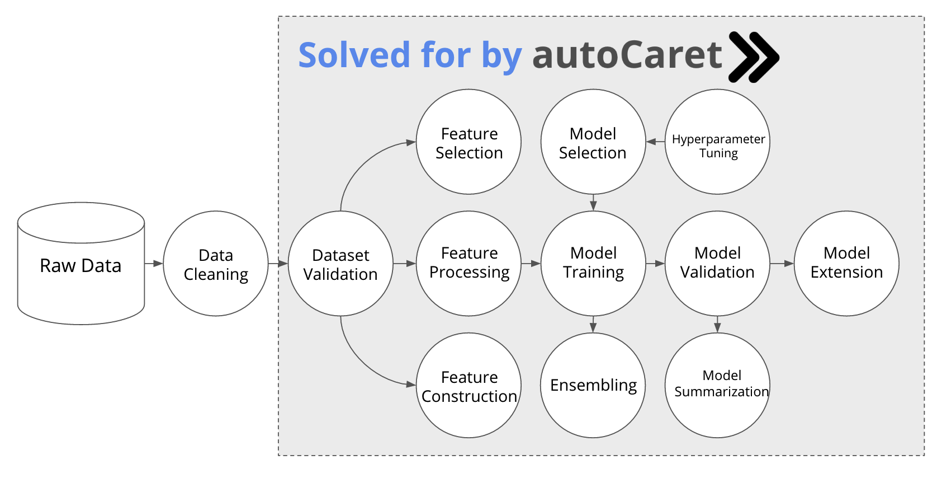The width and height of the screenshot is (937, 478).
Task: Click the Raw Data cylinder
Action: (81, 264)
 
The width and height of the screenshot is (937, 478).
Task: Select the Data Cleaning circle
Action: (216, 264)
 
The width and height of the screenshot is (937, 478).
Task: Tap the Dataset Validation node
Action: (340, 264)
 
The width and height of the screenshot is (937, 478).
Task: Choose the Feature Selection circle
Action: (469, 142)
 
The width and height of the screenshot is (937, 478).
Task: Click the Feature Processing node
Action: (469, 264)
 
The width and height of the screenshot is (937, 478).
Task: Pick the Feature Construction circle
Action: (469, 386)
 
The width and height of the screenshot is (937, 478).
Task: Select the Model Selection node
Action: (593, 142)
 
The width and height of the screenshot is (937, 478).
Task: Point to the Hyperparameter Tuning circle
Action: (717, 142)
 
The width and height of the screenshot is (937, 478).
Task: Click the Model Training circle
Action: (593, 264)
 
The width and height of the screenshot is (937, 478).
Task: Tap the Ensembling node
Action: (593, 386)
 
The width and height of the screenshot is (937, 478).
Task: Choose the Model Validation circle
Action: (717, 264)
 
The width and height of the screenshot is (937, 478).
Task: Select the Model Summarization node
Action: (717, 386)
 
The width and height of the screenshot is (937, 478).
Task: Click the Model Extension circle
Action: (846, 264)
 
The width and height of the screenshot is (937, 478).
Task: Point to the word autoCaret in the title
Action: (627, 55)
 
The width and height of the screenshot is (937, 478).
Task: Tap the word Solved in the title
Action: (354, 55)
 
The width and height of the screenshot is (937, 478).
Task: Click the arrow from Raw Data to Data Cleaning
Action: (154, 264)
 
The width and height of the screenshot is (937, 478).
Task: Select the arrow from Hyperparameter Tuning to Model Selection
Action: (655, 142)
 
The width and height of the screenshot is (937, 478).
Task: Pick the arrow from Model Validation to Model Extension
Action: (782, 264)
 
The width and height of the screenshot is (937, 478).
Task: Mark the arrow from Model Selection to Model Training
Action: (593, 203)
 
